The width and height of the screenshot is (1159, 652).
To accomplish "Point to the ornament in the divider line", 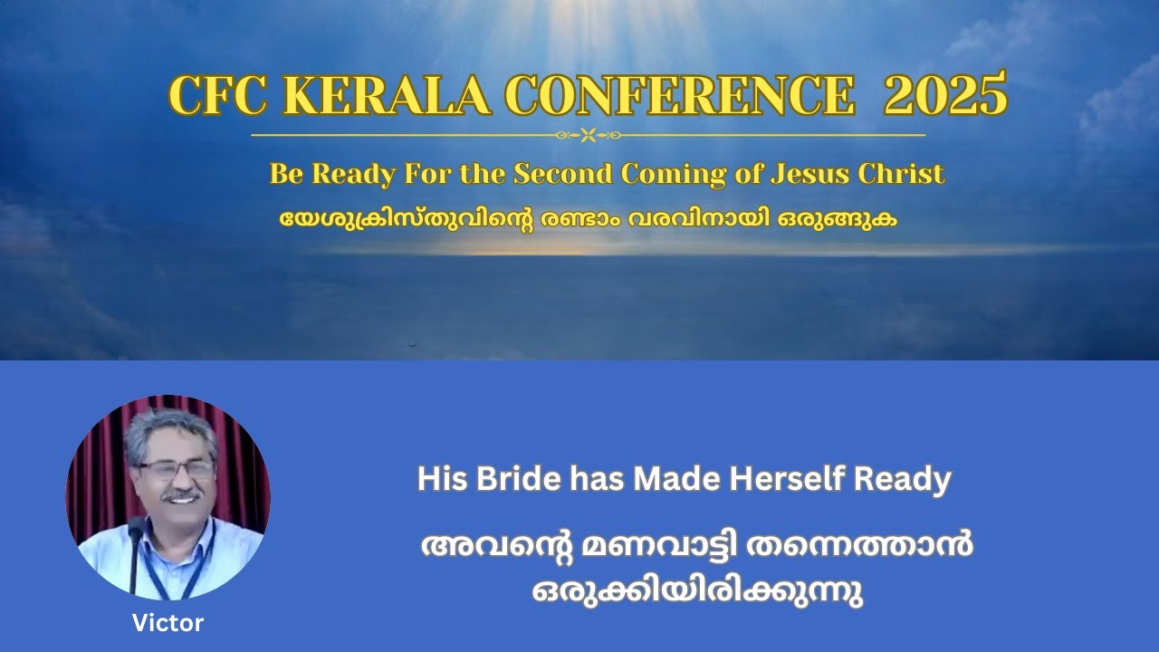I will [588, 136].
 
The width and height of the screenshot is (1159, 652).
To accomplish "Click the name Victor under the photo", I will [168, 623].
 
